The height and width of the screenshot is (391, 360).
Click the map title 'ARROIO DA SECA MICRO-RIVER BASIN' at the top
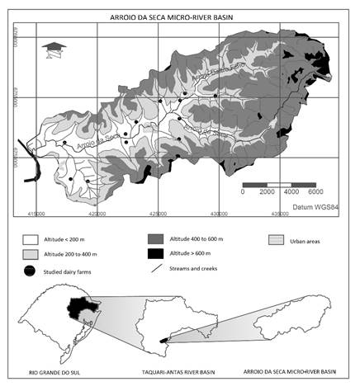point(180,16)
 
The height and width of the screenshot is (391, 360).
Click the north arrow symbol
point(54,48)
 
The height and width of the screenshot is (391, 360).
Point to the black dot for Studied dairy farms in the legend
point(31,271)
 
